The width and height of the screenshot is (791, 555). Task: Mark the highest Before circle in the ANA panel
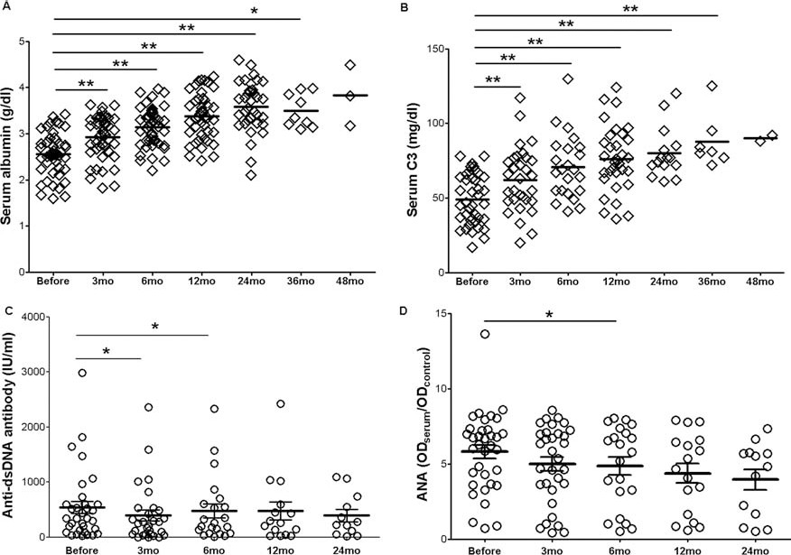[x=486, y=335]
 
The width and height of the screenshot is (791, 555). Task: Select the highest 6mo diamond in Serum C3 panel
[x=568, y=79]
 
